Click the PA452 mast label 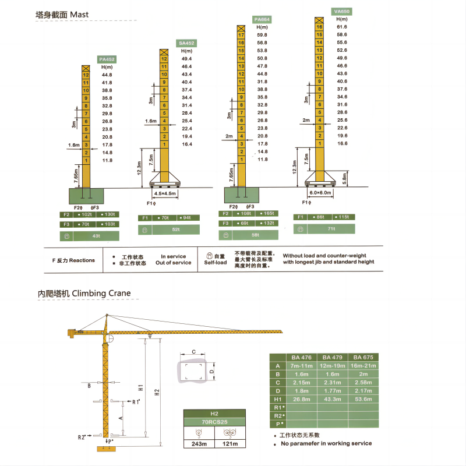coord(107,59)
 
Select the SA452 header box coord(186,43)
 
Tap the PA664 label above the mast coord(262,19)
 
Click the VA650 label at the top coord(343,11)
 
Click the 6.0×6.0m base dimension coord(319,193)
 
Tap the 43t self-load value coord(96,236)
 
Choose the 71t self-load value coord(331,230)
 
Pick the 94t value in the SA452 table coord(186,218)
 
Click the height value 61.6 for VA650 coord(342,27)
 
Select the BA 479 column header coord(333,357)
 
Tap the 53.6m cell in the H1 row coord(363,399)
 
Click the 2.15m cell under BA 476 coord(302,382)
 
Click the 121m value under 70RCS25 coord(230,444)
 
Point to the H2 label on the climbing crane coord(156,393)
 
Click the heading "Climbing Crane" coord(101,294)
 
